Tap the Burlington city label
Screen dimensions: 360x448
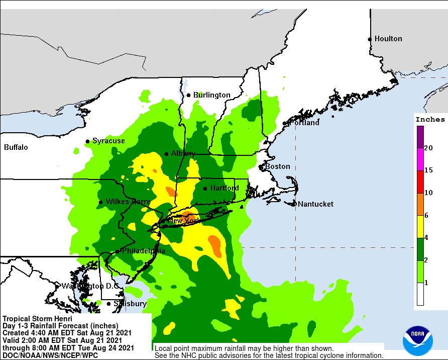click(211, 95)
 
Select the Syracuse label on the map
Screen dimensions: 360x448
click(108, 141)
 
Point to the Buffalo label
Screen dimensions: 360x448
click(16, 147)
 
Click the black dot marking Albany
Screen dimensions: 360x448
click(167, 154)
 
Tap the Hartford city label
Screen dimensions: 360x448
click(224, 188)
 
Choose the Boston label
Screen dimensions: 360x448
click(278, 166)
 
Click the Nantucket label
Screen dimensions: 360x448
click(315, 204)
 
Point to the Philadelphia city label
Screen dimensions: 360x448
click(143, 251)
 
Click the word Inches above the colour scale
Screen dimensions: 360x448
click(429, 120)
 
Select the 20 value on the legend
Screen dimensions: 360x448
click(428, 148)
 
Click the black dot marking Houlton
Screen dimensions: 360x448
click(370, 39)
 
